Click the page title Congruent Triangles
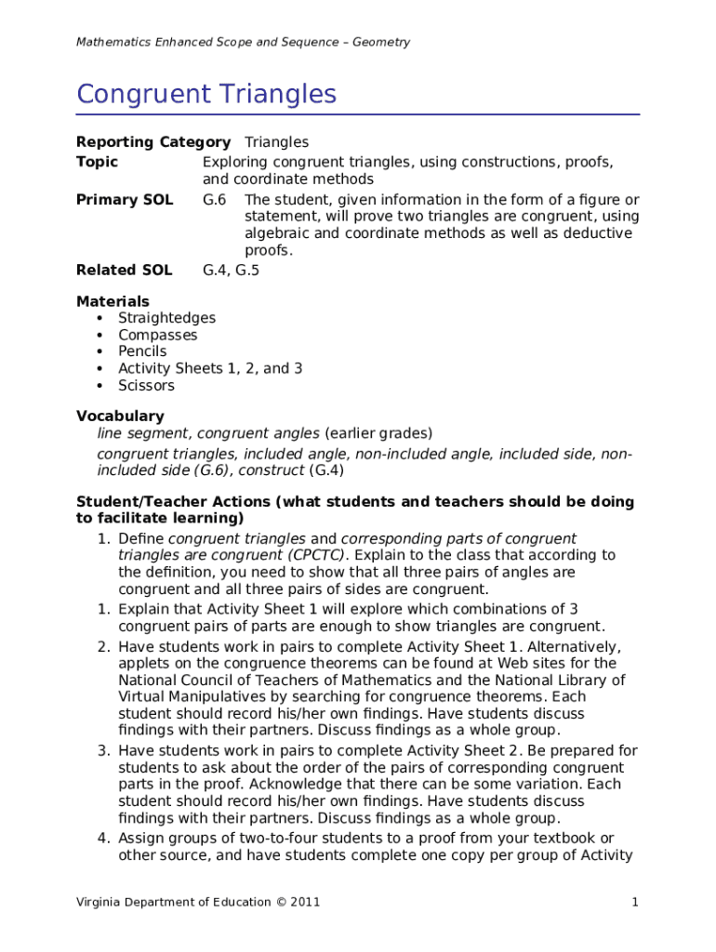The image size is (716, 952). [x=206, y=95]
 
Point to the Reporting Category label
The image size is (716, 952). [x=152, y=142]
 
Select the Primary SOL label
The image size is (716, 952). [x=124, y=200]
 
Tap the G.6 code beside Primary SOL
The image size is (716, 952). [x=214, y=200]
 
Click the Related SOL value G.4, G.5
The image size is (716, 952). [x=231, y=271]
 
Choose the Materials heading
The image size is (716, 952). [x=112, y=301]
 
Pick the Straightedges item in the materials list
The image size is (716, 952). [x=166, y=318]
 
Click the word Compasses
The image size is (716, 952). [x=157, y=335]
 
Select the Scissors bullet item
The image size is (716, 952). [x=146, y=386]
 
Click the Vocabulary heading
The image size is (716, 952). [x=119, y=416]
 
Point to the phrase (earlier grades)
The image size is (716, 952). [x=378, y=433]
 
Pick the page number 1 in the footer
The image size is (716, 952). [x=634, y=903]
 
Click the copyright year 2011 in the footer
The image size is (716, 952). [x=304, y=903]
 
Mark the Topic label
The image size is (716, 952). [x=97, y=162]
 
